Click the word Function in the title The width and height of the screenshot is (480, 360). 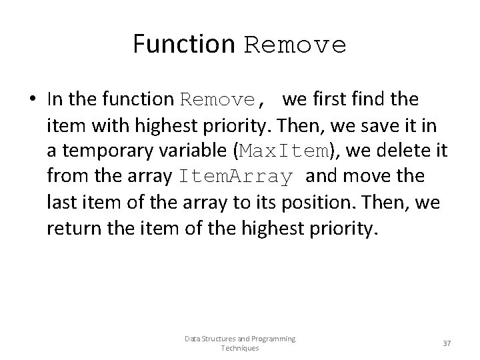[x=184, y=44]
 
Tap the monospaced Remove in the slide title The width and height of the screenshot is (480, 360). [x=295, y=45]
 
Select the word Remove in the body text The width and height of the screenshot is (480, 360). [x=218, y=101]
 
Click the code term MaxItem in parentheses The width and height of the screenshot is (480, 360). [x=285, y=151]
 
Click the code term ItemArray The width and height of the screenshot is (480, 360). [x=235, y=177]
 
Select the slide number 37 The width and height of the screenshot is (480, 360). [x=447, y=343]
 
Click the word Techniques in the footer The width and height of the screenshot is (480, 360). [x=240, y=349]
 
